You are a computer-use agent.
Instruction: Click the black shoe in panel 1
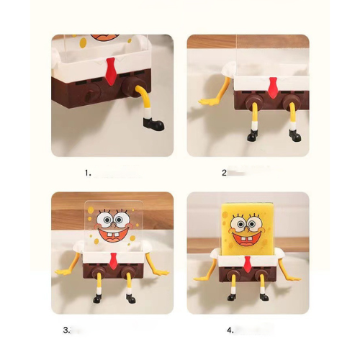coord(153,124)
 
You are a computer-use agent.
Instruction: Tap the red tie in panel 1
coord(111,71)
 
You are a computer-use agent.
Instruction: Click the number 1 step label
coord(88,173)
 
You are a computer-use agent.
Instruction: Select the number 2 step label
coord(225,173)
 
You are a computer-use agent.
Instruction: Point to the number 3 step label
coord(67,330)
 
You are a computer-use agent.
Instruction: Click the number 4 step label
coord(230,330)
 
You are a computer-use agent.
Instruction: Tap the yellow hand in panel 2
coord(208,102)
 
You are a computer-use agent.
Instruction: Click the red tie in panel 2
coord(273,88)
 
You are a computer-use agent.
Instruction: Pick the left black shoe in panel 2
coord(252,135)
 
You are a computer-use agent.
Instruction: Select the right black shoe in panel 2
coord(295,135)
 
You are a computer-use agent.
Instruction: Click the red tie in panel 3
coord(114,261)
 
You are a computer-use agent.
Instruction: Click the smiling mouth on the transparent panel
coord(113,235)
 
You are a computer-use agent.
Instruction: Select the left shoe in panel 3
coord(97,299)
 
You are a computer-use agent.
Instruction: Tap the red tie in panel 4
coord(248,264)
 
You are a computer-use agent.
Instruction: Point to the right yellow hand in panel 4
coord(292,279)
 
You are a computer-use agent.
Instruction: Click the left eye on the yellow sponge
coord(240,223)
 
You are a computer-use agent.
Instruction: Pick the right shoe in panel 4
coord(264,297)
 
